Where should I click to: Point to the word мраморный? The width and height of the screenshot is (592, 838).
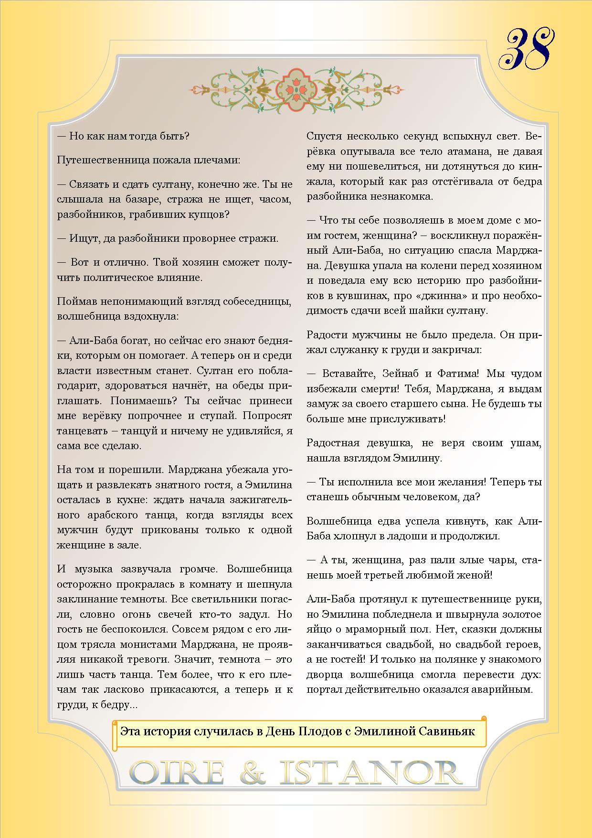point(370,629)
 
